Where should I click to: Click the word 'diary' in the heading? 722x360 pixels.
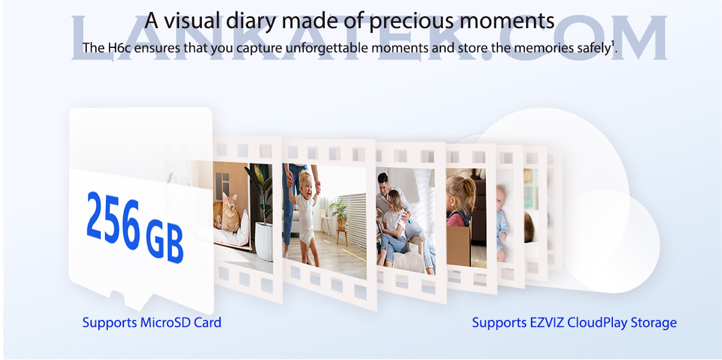click(251, 20)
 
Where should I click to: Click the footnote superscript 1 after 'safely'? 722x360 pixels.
click(613, 44)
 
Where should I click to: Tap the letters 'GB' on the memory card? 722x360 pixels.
click(164, 240)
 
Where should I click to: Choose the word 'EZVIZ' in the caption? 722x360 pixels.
click(546, 322)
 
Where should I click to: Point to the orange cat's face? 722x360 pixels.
click(230, 202)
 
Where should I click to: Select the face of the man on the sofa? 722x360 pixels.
click(383, 183)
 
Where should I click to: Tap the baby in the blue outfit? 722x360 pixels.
click(502, 222)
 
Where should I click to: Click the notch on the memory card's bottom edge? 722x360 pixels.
click(117, 295)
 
